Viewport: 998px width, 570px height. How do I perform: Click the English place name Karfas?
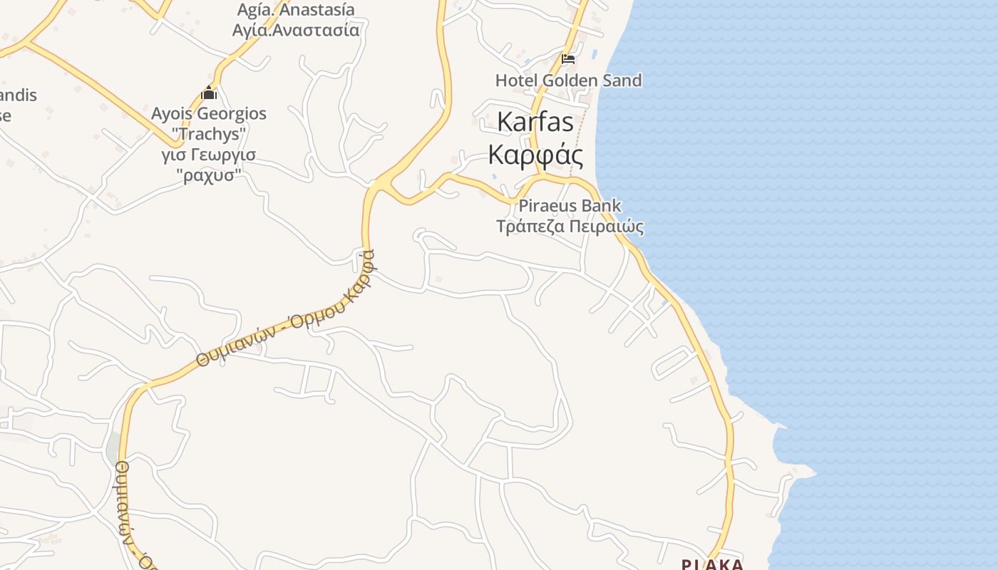(535, 122)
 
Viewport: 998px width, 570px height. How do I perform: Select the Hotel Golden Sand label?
(568, 81)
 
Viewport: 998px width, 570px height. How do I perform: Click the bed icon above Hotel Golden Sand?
(568, 58)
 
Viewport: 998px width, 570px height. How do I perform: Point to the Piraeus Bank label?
(570, 206)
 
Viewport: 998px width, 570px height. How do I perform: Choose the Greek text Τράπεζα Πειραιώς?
(570, 227)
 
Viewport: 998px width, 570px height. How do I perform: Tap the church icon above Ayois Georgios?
(209, 93)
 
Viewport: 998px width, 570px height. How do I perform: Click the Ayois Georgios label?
(209, 114)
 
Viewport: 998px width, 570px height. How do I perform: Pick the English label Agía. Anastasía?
(295, 10)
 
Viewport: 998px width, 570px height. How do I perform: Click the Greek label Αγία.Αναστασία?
(295, 31)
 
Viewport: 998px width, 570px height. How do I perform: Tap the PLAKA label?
(712, 564)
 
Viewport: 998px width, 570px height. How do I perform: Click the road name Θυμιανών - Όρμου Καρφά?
(285, 310)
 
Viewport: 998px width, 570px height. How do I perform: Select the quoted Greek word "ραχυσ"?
(209, 175)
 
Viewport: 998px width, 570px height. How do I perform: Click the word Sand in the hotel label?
(622, 81)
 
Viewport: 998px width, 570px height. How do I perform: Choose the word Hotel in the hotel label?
(516, 81)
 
